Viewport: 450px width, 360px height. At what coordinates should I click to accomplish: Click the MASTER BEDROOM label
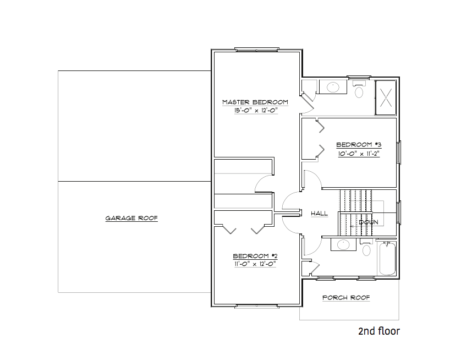coord(255,102)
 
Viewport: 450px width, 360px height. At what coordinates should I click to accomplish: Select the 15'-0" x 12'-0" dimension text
coord(255,110)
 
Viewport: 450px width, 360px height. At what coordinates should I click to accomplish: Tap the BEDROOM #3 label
coord(359,145)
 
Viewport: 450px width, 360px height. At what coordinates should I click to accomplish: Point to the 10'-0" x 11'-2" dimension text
coord(359,154)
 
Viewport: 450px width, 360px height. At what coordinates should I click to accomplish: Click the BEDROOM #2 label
coord(254,255)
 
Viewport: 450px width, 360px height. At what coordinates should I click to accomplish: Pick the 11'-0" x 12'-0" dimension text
coord(254,264)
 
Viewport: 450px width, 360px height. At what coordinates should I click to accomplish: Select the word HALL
coord(319,214)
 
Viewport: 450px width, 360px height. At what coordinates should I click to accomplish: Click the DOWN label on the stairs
coord(368,222)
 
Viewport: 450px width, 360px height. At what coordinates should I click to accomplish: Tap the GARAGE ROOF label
coord(131,218)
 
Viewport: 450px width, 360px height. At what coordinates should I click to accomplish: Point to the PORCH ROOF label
coord(346,298)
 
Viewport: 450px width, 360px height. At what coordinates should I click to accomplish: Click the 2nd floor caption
coord(378,331)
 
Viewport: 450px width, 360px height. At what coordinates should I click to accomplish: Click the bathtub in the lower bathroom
coord(387,259)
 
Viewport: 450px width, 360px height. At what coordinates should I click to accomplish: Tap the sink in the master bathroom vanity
coord(333,86)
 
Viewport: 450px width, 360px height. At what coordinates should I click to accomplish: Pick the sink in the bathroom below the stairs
coord(343,244)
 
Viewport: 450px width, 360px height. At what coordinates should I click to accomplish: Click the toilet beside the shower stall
coord(359,90)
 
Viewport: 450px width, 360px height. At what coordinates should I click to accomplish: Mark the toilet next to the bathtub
coord(367,249)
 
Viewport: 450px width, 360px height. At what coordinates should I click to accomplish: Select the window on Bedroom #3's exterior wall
coord(399,152)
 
